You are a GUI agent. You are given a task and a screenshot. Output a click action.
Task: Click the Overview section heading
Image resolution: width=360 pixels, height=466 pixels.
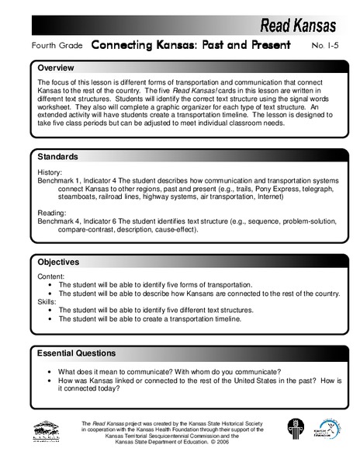click(x=60, y=68)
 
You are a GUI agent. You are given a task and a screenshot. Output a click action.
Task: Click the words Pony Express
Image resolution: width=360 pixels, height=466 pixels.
click(x=255, y=188)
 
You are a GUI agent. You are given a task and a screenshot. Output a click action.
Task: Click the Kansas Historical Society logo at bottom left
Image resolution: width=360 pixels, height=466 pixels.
click(x=47, y=432)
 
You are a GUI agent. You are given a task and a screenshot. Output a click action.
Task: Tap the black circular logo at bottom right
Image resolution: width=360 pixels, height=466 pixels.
click(x=293, y=430)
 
